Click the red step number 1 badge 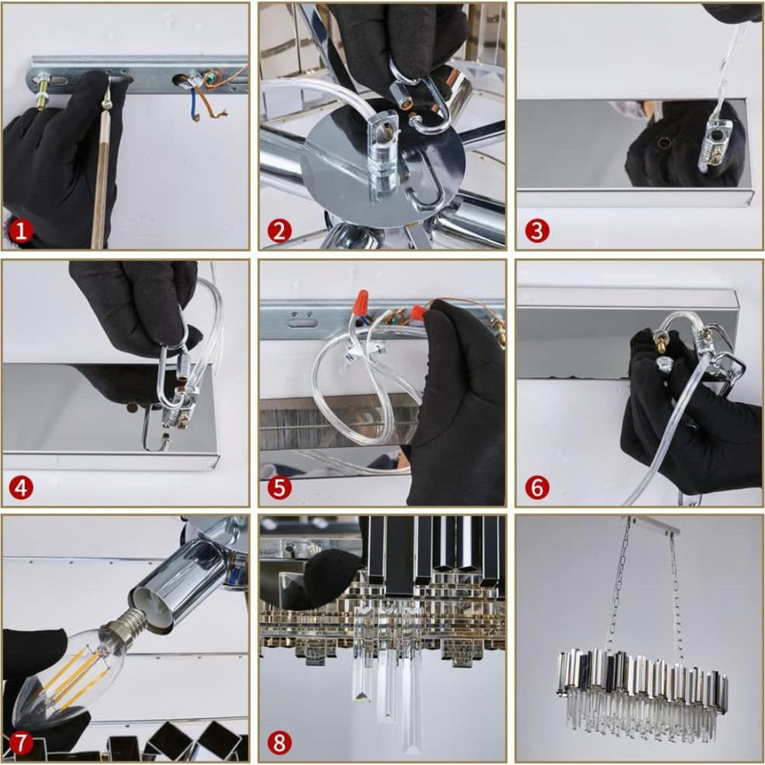coord(20,230)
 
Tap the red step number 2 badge coord(279,230)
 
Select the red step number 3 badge coord(537,230)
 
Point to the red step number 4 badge coord(21,487)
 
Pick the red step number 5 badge coord(279,487)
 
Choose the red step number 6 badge coord(537,487)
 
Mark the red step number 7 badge coord(20,744)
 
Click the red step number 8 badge coord(279,744)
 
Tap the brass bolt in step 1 coord(43,92)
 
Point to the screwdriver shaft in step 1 coord(101,176)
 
